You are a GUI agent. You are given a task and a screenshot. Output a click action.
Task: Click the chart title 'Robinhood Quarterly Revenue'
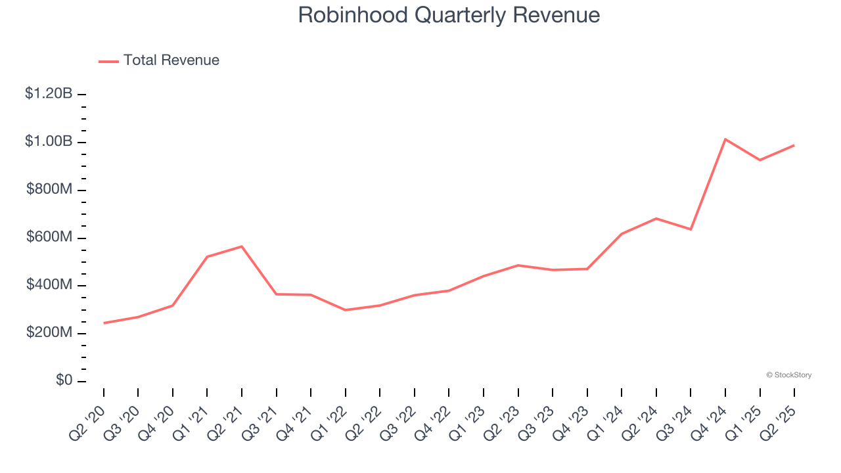tap(449, 15)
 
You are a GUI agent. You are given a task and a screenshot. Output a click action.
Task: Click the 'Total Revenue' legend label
tap(171, 60)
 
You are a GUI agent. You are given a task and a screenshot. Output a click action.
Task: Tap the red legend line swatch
tap(108, 61)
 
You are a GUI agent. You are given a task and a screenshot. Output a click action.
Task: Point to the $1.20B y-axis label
tap(49, 94)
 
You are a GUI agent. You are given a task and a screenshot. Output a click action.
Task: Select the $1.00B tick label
tap(49, 142)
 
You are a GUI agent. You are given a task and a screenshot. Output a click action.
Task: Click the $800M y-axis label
tap(49, 190)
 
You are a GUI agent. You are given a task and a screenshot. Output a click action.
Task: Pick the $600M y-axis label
tap(49, 237)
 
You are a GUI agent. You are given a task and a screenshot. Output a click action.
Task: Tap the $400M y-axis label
tap(49, 285)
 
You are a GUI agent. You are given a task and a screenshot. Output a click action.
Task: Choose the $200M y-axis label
tap(49, 333)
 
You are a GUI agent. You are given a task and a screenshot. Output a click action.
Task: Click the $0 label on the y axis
tap(63, 381)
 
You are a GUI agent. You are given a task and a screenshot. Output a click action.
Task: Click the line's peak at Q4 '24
tap(725, 139)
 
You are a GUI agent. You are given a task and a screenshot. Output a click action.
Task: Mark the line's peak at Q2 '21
tap(242, 246)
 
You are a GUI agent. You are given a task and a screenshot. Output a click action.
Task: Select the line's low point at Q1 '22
tap(346, 310)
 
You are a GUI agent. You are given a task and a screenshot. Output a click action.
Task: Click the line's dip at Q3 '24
tap(691, 229)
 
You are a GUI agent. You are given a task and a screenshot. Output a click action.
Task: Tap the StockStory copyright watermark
tap(788, 375)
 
